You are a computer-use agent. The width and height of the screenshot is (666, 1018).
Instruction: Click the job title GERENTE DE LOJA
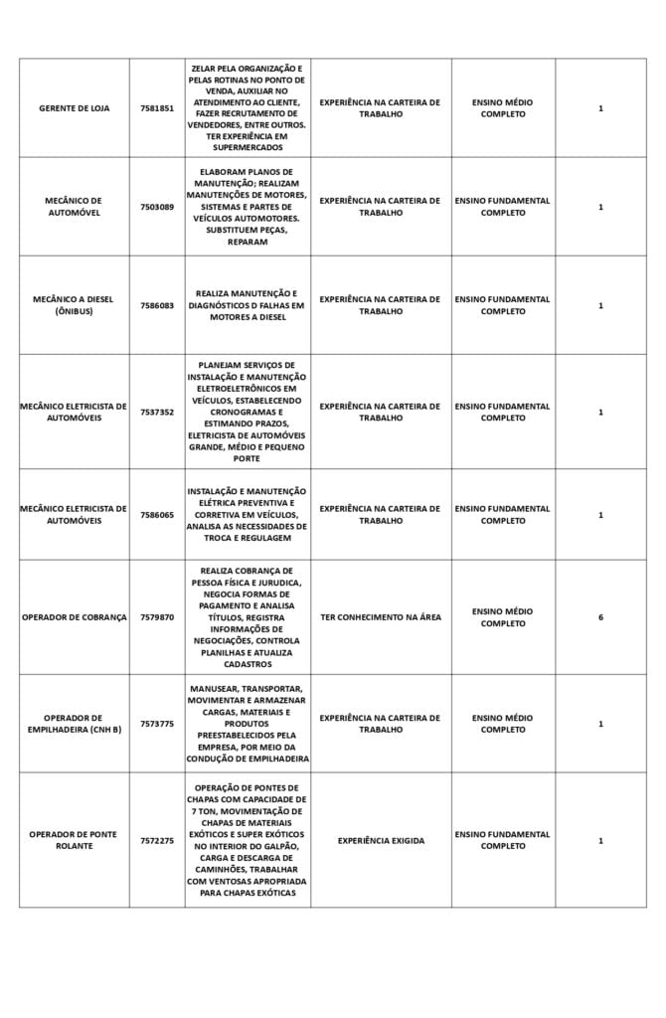click(x=74, y=107)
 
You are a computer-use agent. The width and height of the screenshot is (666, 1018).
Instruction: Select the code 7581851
click(x=156, y=107)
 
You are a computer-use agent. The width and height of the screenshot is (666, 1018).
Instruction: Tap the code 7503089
click(x=156, y=207)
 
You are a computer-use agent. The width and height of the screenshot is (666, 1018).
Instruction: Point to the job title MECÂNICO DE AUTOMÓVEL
click(x=74, y=207)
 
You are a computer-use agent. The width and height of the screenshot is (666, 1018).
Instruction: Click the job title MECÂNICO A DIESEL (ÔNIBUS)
click(x=74, y=305)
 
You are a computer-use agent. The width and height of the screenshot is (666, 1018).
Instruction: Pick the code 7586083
click(x=156, y=305)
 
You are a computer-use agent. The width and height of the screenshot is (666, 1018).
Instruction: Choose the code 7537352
click(x=156, y=412)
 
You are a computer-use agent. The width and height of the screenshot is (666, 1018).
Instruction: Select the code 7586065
click(x=156, y=515)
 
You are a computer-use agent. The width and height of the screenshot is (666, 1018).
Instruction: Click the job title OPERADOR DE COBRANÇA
click(x=74, y=617)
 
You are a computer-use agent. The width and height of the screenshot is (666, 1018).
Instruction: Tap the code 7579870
click(x=156, y=617)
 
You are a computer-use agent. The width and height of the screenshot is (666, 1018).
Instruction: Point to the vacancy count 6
click(x=600, y=617)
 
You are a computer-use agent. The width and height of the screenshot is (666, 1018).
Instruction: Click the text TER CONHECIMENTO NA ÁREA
click(x=381, y=617)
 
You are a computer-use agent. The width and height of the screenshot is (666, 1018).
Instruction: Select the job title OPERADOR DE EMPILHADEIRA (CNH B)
click(x=74, y=724)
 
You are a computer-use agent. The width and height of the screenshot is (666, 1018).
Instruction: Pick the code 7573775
click(x=156, y=724)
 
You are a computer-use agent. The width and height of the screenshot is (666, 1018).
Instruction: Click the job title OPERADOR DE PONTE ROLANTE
click(x=74, y=840)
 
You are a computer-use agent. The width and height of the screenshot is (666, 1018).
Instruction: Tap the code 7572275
click(x=156, y=840)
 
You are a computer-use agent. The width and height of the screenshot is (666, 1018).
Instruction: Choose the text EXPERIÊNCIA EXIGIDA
click(x=381, y=840)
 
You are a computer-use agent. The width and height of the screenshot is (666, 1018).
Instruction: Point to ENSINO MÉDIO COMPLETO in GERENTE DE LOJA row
click(x=503, y=107)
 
